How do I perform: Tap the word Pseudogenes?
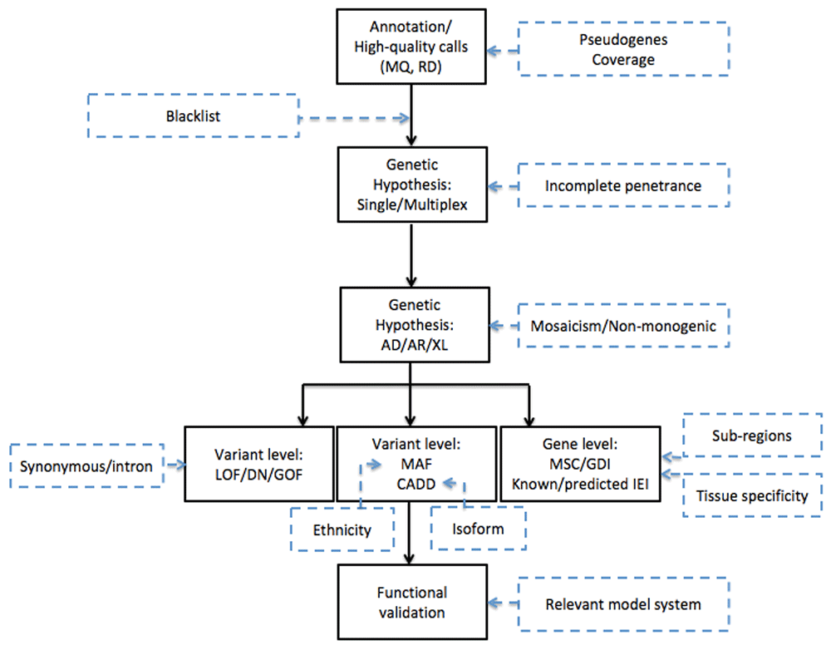tap(623, 39)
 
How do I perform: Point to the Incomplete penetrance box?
tap(623, 185)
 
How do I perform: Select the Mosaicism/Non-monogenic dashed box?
tap(623, 326)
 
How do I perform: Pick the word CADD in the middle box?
tap(415, 483)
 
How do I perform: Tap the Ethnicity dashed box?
tap(342, 529)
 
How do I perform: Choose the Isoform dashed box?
tap(479, 529)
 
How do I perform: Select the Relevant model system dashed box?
tap(623, 603)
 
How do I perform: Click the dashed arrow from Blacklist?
tap(353, 118)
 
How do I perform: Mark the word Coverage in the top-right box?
tap(623, 60)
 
